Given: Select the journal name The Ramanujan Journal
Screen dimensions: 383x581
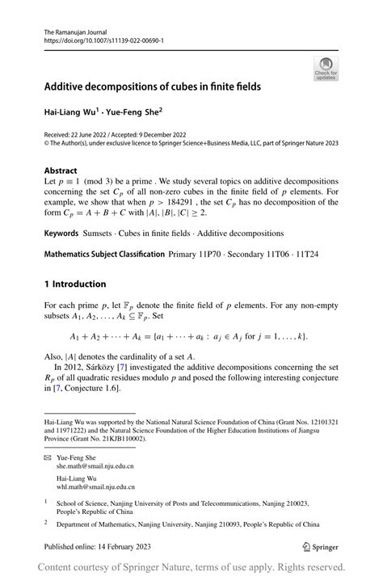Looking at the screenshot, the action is click(74, 28).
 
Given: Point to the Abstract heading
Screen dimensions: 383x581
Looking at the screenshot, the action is click(61, 171).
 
